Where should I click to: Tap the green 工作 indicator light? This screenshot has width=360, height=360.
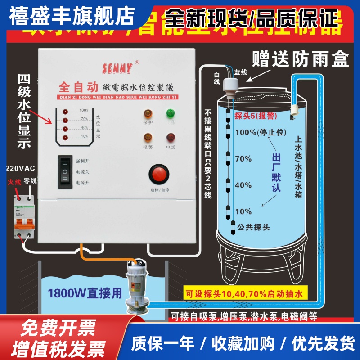pyautogui.click(x=170, y=113)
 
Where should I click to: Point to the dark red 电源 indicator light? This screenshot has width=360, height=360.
pyautogui.click(x=170, y=138)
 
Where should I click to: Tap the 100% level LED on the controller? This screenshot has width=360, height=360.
pyautogui.click(x=65, y=111)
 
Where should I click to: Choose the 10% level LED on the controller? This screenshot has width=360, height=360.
pyautogui.click(x=65, y=136)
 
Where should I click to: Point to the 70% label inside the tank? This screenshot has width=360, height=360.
pyautogui.click(x=243, y=159)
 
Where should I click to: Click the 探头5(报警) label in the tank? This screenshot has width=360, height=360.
pyautogui.click(x=255, y=116)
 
